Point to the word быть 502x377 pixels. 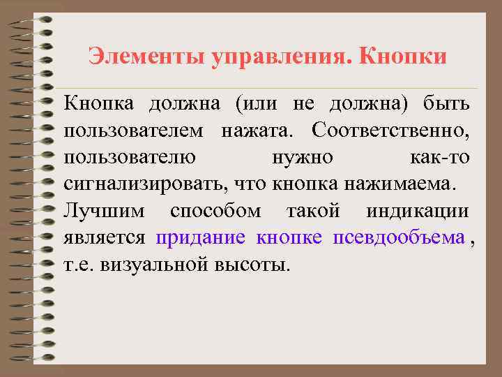[x=446, y=105]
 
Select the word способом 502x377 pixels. [x=216, y=211]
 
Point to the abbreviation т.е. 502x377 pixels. [x=78, y=264]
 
